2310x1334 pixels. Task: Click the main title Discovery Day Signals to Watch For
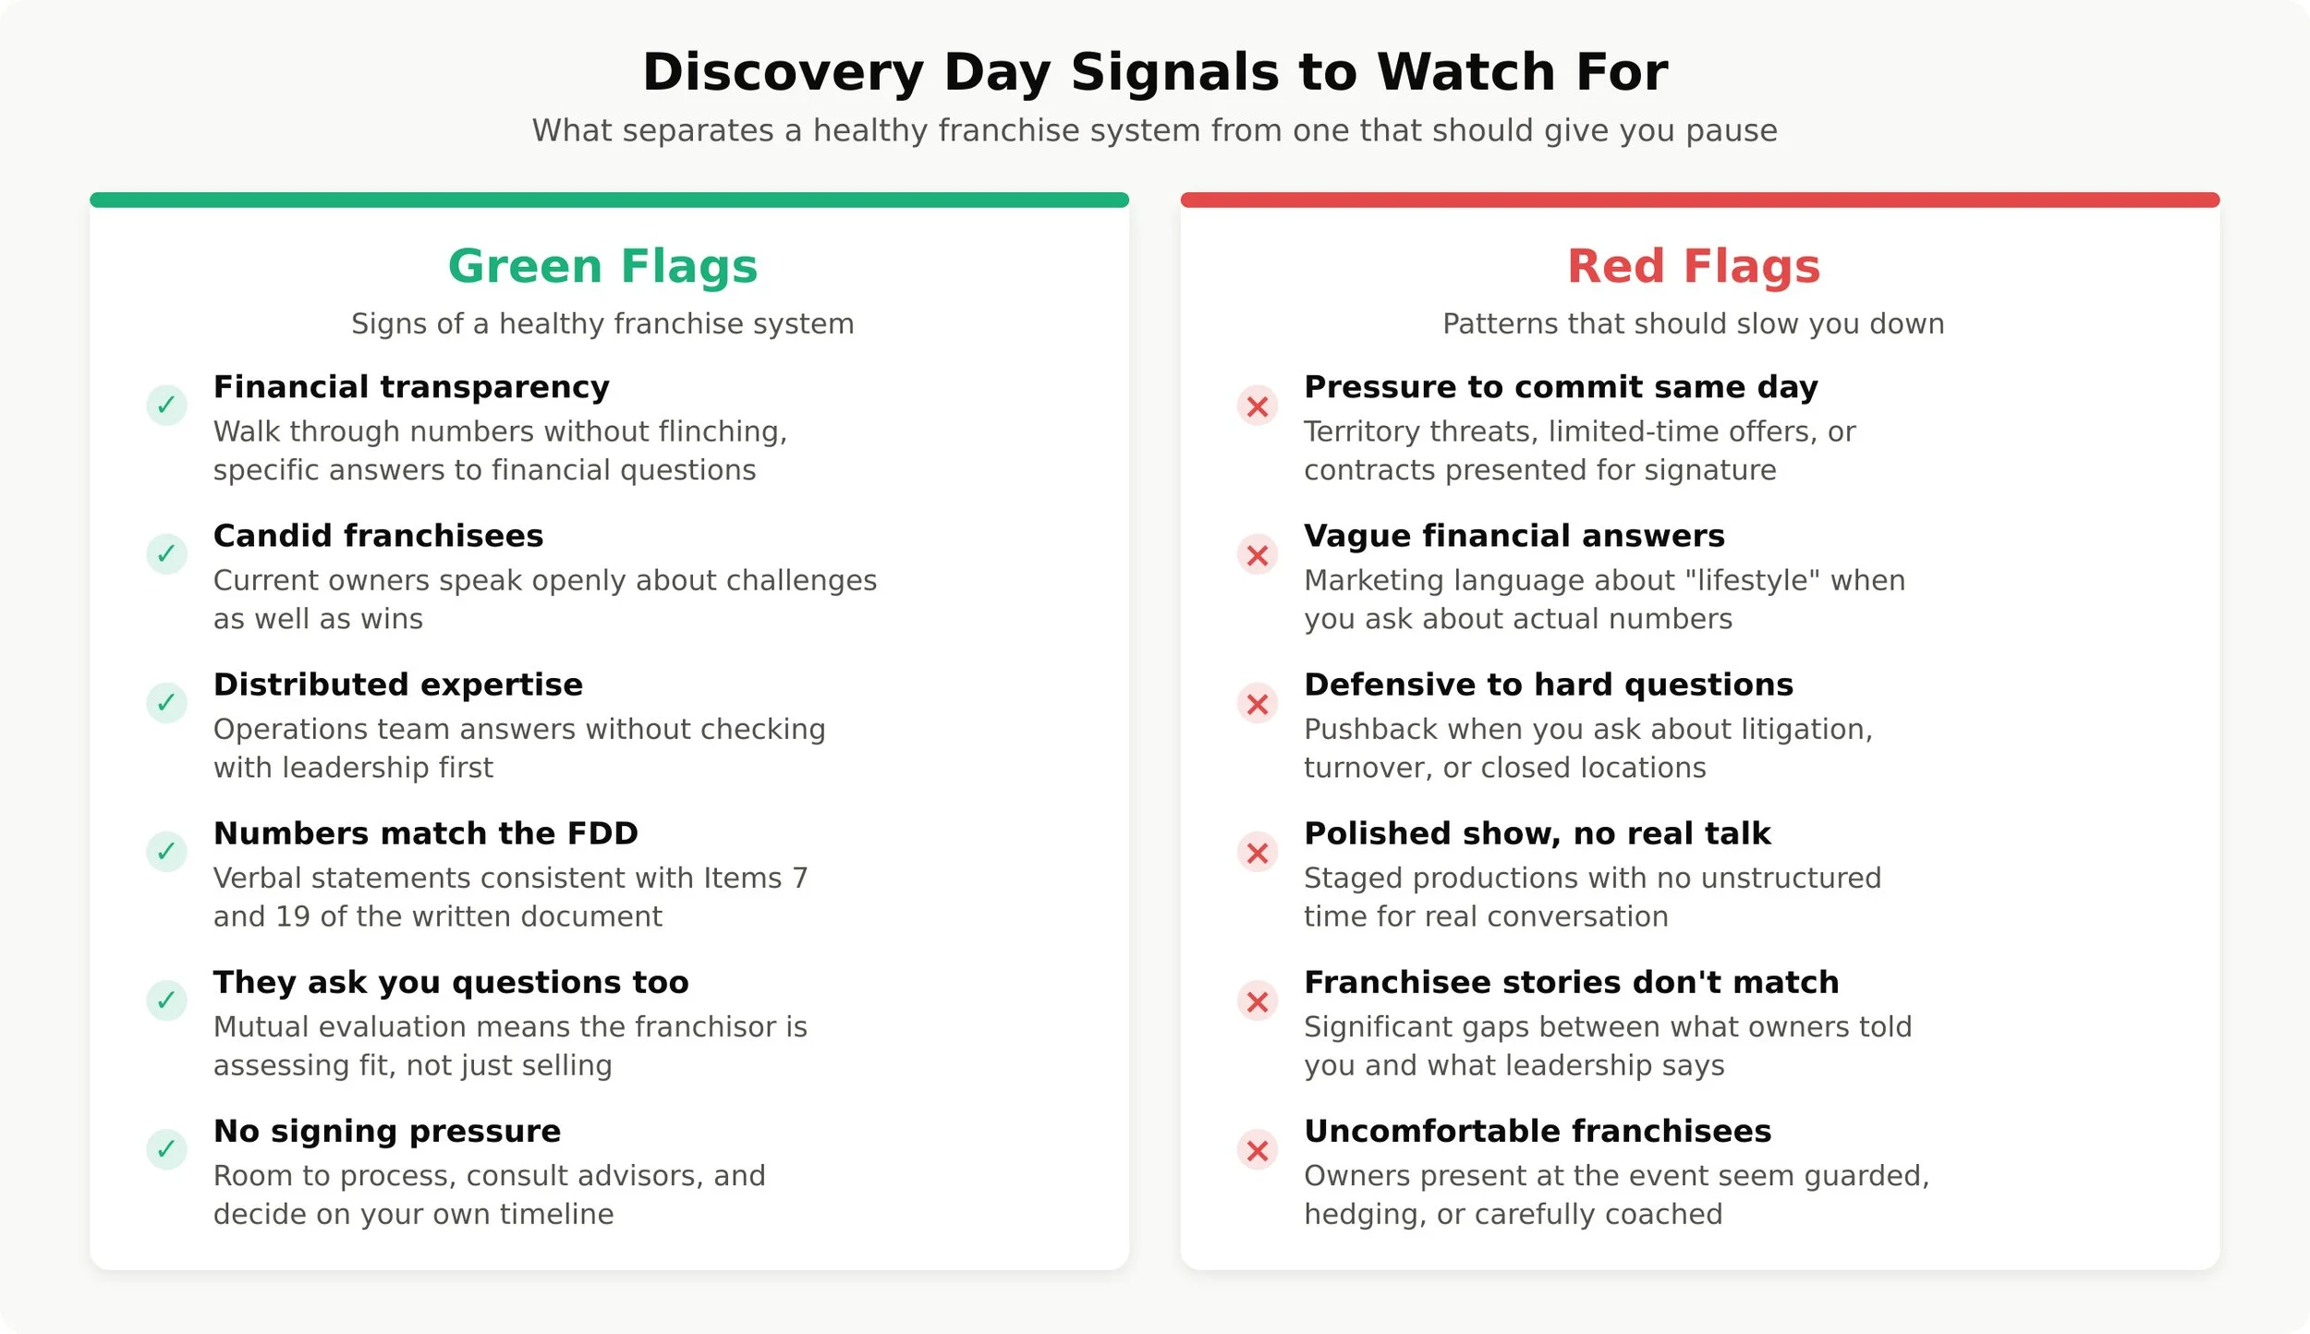coord(1155,72)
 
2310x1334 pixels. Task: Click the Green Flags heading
coord(602,266)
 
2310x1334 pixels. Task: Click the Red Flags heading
coord(1694,266)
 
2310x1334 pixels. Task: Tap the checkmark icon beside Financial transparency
coord(166,405)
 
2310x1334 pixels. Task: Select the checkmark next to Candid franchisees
coord(166,553)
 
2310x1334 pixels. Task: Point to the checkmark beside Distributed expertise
coord(166,702)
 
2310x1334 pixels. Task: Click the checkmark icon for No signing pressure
coord(166,1148)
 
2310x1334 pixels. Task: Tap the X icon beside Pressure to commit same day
coord(1258,406)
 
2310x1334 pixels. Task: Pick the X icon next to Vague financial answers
coord(1258,554)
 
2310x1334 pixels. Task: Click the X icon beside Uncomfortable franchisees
coord(1258,1149)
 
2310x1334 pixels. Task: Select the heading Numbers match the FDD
coord(426,833)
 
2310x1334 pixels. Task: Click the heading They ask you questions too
coord(451,982)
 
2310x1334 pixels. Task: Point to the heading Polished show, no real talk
coord(1538,833)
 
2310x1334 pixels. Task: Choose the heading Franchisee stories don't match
coord(1572,982)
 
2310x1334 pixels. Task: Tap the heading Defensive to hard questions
coord(1549,685)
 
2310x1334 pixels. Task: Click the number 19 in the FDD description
coord(292,916)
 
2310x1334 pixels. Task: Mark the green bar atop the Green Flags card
coord(609,200)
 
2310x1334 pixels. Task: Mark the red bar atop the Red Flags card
coord(1700,200)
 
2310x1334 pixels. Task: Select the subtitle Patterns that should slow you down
coord(1694,324)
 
